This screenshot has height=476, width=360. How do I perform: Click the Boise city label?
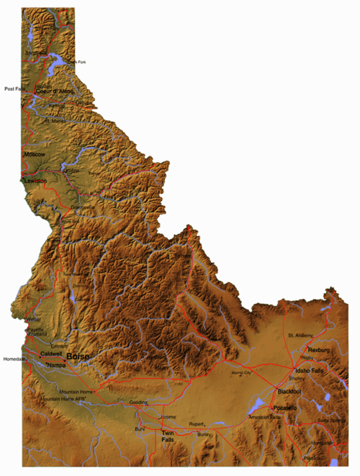click(x=77, y=356)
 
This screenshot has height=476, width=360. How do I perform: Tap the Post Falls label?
click(x=14, y=89)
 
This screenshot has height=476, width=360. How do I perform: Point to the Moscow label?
click(x=35, y=155)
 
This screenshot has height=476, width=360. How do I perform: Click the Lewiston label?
click(x=35, y=181)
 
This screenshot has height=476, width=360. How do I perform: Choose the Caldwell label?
click(x=51, y=354)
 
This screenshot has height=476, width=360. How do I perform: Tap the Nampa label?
click(x=56, y=366)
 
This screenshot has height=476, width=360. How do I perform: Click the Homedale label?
click(x=14, y=359)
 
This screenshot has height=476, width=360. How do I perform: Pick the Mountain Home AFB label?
click(x=63, y=398)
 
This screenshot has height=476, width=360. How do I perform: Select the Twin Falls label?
click(x=167, y=436)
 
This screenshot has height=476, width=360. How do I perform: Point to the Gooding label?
click(x=138, y=402)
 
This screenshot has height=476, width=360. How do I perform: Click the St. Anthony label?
click(x=301, y=336)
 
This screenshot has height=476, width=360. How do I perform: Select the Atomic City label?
click(x=241, y=373)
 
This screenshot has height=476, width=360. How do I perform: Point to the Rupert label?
click(x=197, y=424)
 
